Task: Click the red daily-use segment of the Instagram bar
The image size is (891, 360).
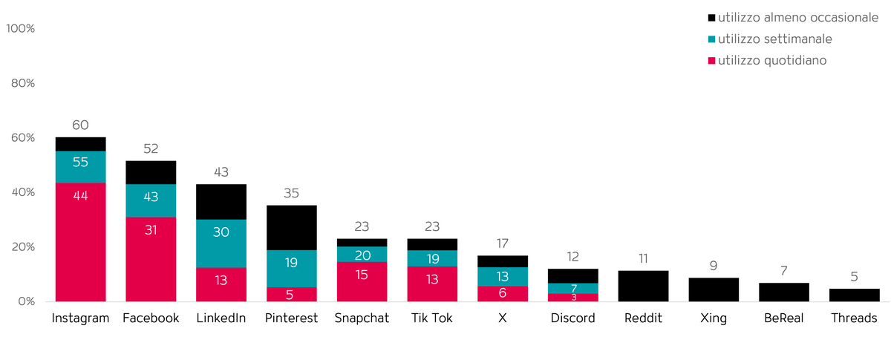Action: click(80, 241)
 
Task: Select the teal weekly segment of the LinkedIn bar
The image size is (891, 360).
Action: click(221, 243)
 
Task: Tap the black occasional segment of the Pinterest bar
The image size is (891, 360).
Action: click(291, 227)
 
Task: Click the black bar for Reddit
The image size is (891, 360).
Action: click(643, 286)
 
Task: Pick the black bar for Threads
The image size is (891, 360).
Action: click(854, 295)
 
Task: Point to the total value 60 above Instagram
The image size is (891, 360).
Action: click(80, 125)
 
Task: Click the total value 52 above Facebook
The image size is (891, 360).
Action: click(151, 148)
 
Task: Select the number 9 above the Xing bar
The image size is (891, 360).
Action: click(714, 266)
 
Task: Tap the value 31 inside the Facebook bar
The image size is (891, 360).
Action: click(151, 230)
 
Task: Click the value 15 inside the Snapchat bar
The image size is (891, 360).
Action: click(362, 274)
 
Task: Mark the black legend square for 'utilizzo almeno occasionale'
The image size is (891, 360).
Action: click(712, 17)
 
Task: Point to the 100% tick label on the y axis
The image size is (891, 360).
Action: click(21, 28)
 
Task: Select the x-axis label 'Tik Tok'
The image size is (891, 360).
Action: click(431, 318)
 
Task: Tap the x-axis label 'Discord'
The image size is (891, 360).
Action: click(572, 318)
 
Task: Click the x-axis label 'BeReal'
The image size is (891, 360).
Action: click(783, 318)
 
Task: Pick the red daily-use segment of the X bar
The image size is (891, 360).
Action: click(503, 294)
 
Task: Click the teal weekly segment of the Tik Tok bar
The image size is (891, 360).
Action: click(431, 258)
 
